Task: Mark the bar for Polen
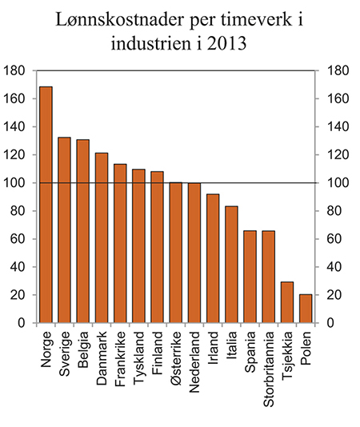tap(306, 309)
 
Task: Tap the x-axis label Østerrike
tap(176, 360)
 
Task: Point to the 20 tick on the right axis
tap(337, 295)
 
